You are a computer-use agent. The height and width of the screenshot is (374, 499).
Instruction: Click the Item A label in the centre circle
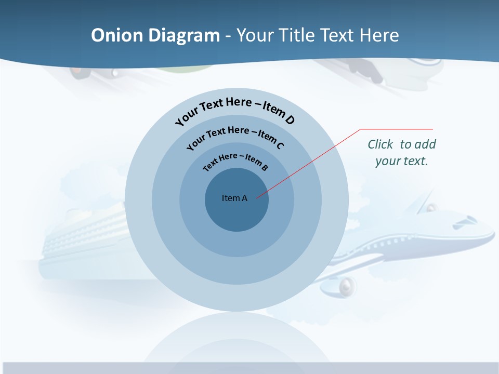tap(234, 198)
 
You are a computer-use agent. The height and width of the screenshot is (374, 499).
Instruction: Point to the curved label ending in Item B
tap(235, 162)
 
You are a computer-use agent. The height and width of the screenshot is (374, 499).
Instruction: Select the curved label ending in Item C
tap(235, 136)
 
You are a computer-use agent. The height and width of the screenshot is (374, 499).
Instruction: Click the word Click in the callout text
tap(381, 144)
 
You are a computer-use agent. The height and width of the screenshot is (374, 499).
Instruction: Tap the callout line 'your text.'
tap(401, 161)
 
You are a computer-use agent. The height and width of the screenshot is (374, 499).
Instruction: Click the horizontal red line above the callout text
tap(397, 129)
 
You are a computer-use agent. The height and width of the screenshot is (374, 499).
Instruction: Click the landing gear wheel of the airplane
tap(347, 285)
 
